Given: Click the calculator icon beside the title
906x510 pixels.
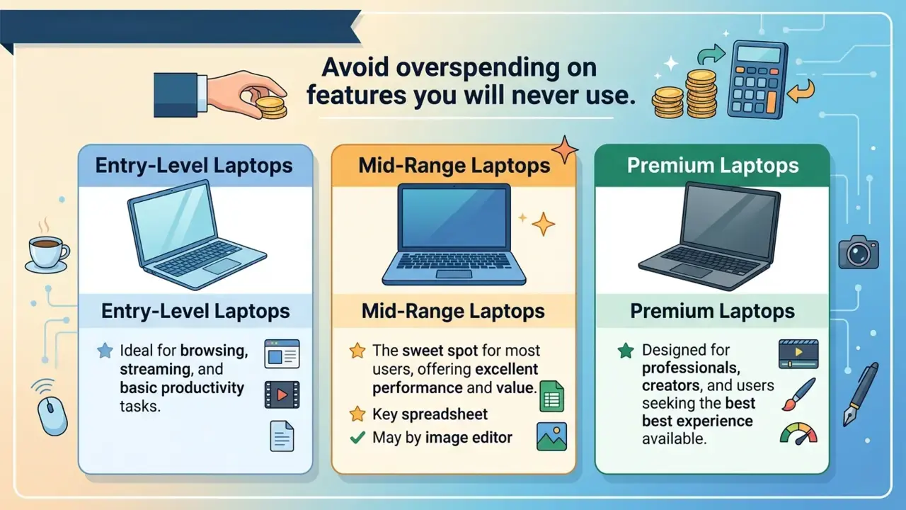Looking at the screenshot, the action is point(757,80).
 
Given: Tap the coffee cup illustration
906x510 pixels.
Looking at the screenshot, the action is point(47,254).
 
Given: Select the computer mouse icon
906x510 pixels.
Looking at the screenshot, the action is point(52,416).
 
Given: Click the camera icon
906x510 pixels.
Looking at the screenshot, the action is point(859,252).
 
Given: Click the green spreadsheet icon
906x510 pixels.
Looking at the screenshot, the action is point(551,396).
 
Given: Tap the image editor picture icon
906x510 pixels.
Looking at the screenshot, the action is point(551,437).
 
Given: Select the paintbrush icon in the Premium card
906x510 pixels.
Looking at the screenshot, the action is point(798,395).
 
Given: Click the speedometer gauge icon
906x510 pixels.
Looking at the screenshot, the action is point(798,434).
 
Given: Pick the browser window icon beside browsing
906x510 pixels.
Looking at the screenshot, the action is point(282,353).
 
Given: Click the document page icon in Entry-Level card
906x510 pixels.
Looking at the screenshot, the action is point(282,436).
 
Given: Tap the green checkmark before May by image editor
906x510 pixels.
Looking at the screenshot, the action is point(357,438).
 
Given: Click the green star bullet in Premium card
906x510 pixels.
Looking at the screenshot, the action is point(626,351).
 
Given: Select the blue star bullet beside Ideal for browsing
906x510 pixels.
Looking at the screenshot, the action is point(105,351).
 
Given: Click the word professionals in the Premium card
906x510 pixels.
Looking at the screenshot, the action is point(692,368).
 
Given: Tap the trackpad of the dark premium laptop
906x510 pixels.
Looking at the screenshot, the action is point(691,270).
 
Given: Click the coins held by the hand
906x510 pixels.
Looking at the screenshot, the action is point(271,107).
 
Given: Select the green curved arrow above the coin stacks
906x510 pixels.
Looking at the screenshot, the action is point(711,54).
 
